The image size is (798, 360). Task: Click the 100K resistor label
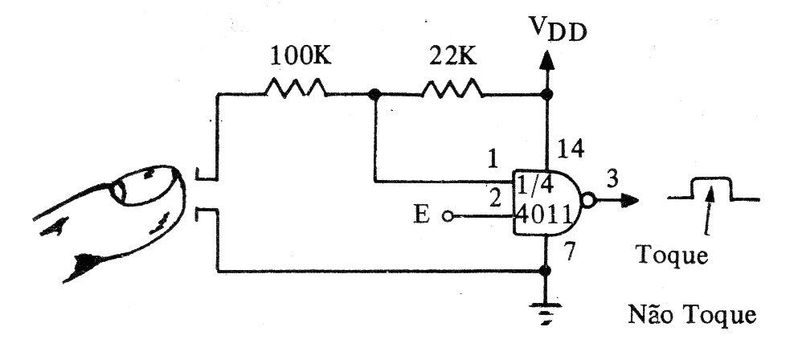coord(301,56)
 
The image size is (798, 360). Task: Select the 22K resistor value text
coord(452,56)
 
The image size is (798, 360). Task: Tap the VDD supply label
coord(557,28)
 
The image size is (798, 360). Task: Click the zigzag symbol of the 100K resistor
coord(296,88)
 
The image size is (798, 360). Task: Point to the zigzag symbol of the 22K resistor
coord(452,88)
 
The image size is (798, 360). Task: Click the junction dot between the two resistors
coord(374,94)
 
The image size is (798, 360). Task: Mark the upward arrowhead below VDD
coord(546,59)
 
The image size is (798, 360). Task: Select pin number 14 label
coord(570,149)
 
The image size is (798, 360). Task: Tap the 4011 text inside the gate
coord(542,216)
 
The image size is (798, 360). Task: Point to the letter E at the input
coord(421,215)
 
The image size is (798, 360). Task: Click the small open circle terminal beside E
coord(448,217)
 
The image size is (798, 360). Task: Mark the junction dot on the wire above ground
coord(546,271)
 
